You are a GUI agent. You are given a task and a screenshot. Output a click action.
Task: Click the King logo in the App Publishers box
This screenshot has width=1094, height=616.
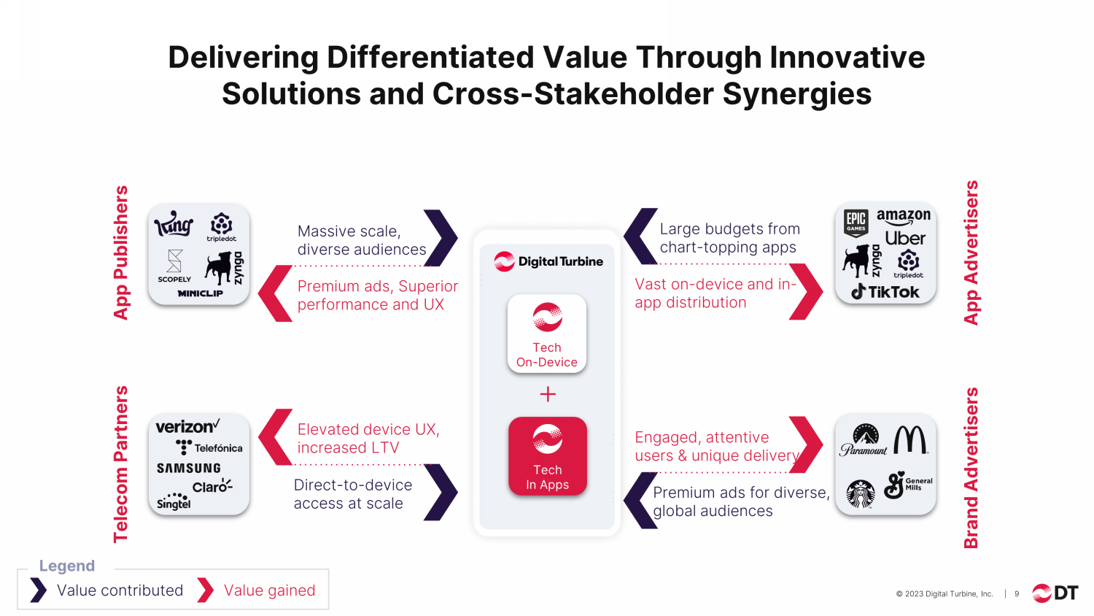(x=174, y=224)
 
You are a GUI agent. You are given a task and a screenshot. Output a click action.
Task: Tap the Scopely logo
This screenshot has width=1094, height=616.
(x=174, y=266)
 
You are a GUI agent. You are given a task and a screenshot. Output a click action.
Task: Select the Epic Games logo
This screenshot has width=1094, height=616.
(x=856, y=223)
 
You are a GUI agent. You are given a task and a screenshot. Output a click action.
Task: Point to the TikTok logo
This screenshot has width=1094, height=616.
(x=885, y=292)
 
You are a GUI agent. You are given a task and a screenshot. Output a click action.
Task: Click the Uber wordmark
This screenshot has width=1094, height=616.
(x=905, y=239)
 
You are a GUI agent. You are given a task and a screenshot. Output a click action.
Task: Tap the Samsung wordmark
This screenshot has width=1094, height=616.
(x=188, y=469)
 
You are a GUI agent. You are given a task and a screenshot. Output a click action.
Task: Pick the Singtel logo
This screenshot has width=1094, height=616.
(x=174, y=501)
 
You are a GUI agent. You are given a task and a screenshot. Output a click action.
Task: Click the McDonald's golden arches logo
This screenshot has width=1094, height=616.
(x=910, y=439)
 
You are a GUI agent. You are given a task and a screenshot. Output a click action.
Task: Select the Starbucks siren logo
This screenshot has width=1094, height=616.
(x=861, y=494)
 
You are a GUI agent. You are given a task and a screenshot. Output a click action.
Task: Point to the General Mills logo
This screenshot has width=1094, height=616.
(x=908, y=485)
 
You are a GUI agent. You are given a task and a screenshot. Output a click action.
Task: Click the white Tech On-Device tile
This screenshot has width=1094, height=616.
(x=547, y=334)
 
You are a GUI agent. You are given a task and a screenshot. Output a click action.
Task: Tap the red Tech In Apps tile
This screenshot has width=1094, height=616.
(x=548, y=456)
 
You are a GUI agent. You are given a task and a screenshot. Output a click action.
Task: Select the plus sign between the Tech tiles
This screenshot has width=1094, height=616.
(x=548, y=394)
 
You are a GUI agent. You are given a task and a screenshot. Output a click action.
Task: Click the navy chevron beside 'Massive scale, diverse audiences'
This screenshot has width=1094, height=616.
(x=441, y=238)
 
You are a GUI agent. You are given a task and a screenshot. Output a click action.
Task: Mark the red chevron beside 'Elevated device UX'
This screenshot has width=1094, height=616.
(x=275, y=437)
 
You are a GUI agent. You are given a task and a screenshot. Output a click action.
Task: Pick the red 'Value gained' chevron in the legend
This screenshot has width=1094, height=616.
(x=205, y=590)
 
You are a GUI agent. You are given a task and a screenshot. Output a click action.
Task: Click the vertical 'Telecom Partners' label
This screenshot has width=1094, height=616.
(x=120, y=464)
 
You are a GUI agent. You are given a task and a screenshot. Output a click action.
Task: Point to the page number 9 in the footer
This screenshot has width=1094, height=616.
(x=1017, y=594)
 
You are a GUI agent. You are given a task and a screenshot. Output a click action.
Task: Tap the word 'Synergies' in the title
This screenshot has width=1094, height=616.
(x=797, y=94)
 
